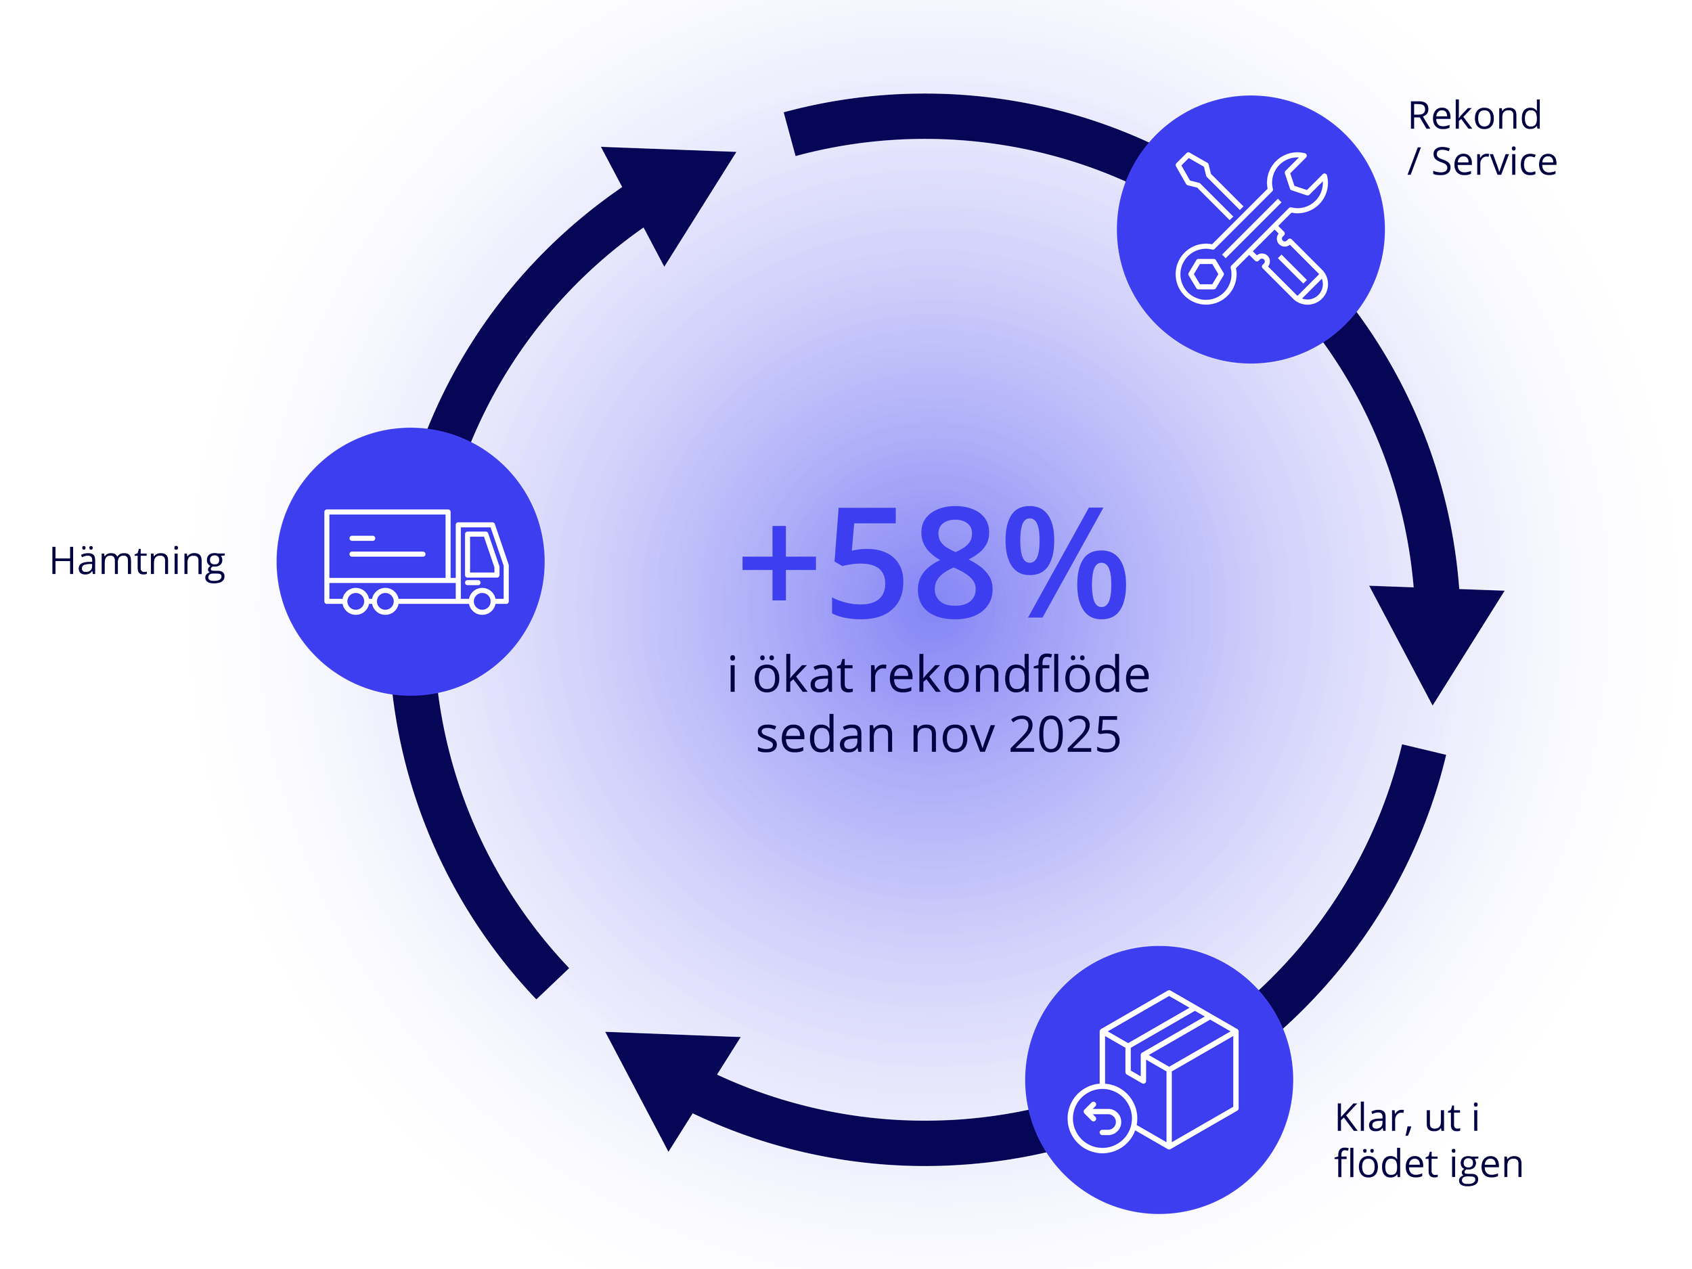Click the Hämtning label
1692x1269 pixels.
pyautogui.click(x=137, y=562)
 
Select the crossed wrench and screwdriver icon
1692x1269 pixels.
pyautogui.click(x=1251, y=228)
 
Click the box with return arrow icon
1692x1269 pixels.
pyautogui.click(x=1153, y=1071)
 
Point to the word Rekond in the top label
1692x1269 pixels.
pyautogui.click(x=1474, y=116)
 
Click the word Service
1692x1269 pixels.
pyautogui.click(x=1494, y=162)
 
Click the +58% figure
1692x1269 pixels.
pyautogui.click(x=934, y=564)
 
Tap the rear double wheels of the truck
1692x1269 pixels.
pyautogui.click(x=370, y=602)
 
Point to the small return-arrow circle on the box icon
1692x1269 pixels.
pyautogui.click(x=1101, y=1119)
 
